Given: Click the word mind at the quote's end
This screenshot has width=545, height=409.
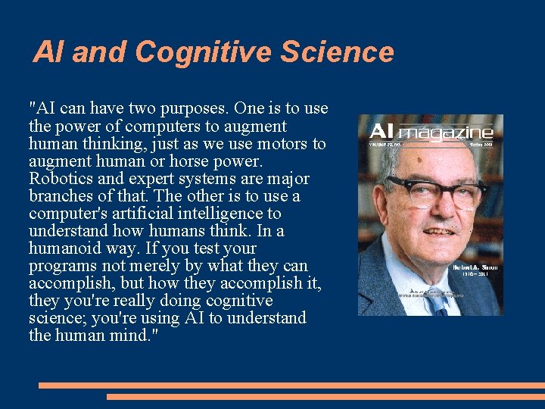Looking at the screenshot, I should [x=136, y=336].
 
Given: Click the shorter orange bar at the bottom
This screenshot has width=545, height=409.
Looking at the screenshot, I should [x=325, y=397].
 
